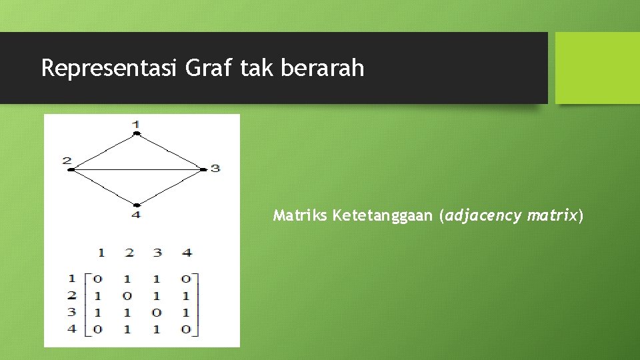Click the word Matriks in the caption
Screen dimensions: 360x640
300,215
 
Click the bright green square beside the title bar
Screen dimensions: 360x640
597,68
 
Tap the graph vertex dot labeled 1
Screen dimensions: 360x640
136,133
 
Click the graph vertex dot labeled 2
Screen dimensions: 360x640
71,169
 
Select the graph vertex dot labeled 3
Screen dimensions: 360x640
203,169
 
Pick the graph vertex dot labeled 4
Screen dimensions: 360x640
136,205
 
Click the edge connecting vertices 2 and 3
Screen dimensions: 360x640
137,169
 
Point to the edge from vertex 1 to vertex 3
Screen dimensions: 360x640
170,151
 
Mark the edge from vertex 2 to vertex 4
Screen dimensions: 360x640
103,187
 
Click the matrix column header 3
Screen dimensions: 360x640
157,253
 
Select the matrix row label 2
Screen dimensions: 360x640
72,295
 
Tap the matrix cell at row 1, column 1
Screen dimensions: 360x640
98,279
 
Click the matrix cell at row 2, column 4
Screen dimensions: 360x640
186,295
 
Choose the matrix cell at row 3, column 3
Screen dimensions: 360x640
157,312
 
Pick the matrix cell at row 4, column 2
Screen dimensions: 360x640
127,329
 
